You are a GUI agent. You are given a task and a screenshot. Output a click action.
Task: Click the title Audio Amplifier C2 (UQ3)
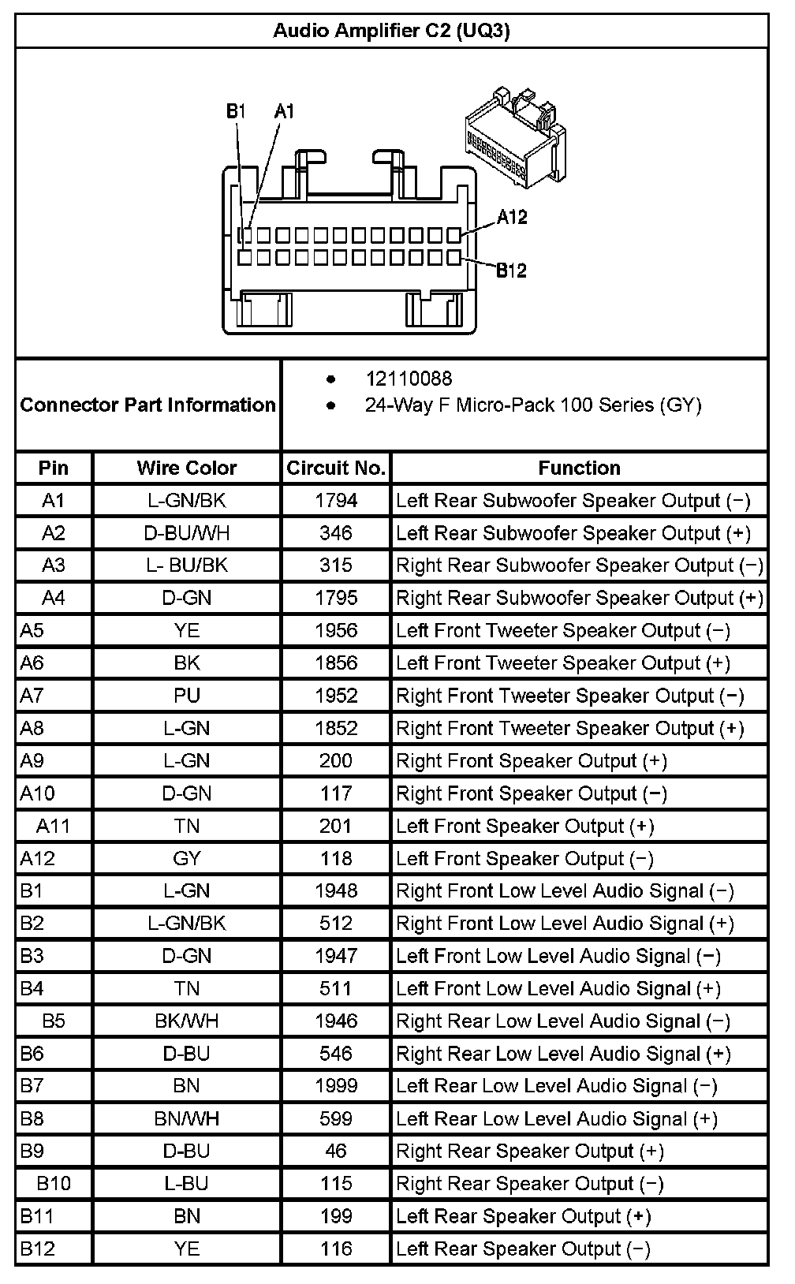[391, 31]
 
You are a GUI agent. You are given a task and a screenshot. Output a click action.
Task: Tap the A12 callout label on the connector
[512, 217]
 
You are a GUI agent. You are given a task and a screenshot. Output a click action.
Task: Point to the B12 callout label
[511, 271]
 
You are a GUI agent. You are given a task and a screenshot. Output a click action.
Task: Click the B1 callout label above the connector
[236, 111]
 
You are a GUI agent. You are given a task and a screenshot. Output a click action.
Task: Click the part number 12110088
[409, 379]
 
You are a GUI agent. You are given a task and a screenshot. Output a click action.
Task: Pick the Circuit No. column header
[336, 468]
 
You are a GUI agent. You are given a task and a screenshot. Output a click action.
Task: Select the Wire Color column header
[187, 468]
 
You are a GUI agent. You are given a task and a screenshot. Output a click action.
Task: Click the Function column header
[579, 468]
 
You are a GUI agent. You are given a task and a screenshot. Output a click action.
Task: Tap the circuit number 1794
[336, 501]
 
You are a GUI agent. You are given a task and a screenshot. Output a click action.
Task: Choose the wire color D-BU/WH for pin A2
[187, 533]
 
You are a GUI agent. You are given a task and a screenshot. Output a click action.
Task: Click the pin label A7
[32, 696]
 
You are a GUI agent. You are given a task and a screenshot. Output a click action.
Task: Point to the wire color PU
[187, 696]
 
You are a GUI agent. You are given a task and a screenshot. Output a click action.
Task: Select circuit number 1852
[336, 728]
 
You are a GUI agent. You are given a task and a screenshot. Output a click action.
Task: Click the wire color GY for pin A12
[187, 858]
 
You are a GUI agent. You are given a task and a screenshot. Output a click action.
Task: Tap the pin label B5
[54, 1021]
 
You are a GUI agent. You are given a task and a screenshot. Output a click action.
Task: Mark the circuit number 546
[336, 1054]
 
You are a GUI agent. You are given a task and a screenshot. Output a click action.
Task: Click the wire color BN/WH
[187, 1118]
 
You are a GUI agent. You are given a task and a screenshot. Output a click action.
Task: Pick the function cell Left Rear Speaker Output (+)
[524, 1216]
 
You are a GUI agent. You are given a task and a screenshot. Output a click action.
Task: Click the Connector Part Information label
[148, 405]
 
